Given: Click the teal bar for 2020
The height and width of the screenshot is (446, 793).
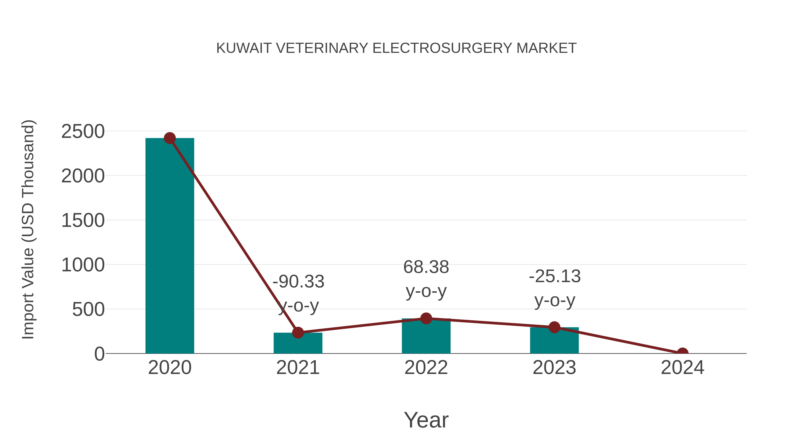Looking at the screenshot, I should click(170, 246).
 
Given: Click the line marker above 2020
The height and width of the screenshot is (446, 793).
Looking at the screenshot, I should click(170, 138).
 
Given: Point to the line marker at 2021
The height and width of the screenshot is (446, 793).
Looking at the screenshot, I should click(298, 332).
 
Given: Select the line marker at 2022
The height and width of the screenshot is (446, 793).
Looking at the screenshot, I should click(426, 318).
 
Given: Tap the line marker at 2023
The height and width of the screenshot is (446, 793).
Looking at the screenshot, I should click(554, 327).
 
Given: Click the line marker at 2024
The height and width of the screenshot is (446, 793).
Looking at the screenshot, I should click(682, 353).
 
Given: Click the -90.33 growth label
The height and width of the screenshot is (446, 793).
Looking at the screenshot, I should click(298, 282).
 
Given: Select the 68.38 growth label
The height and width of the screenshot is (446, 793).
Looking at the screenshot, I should click(426, 267).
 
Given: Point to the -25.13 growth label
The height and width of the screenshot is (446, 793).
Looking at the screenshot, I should click(554, 276).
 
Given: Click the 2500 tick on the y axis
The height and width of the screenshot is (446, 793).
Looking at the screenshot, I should click(83, 132).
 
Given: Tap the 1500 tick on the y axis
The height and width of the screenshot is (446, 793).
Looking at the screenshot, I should click(83, 221).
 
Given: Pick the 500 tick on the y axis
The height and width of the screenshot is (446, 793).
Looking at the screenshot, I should click(88, 310).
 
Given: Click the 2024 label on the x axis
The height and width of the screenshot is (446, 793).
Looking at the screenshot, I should click(682, 368).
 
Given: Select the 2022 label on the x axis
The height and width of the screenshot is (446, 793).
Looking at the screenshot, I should click(426, 368).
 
